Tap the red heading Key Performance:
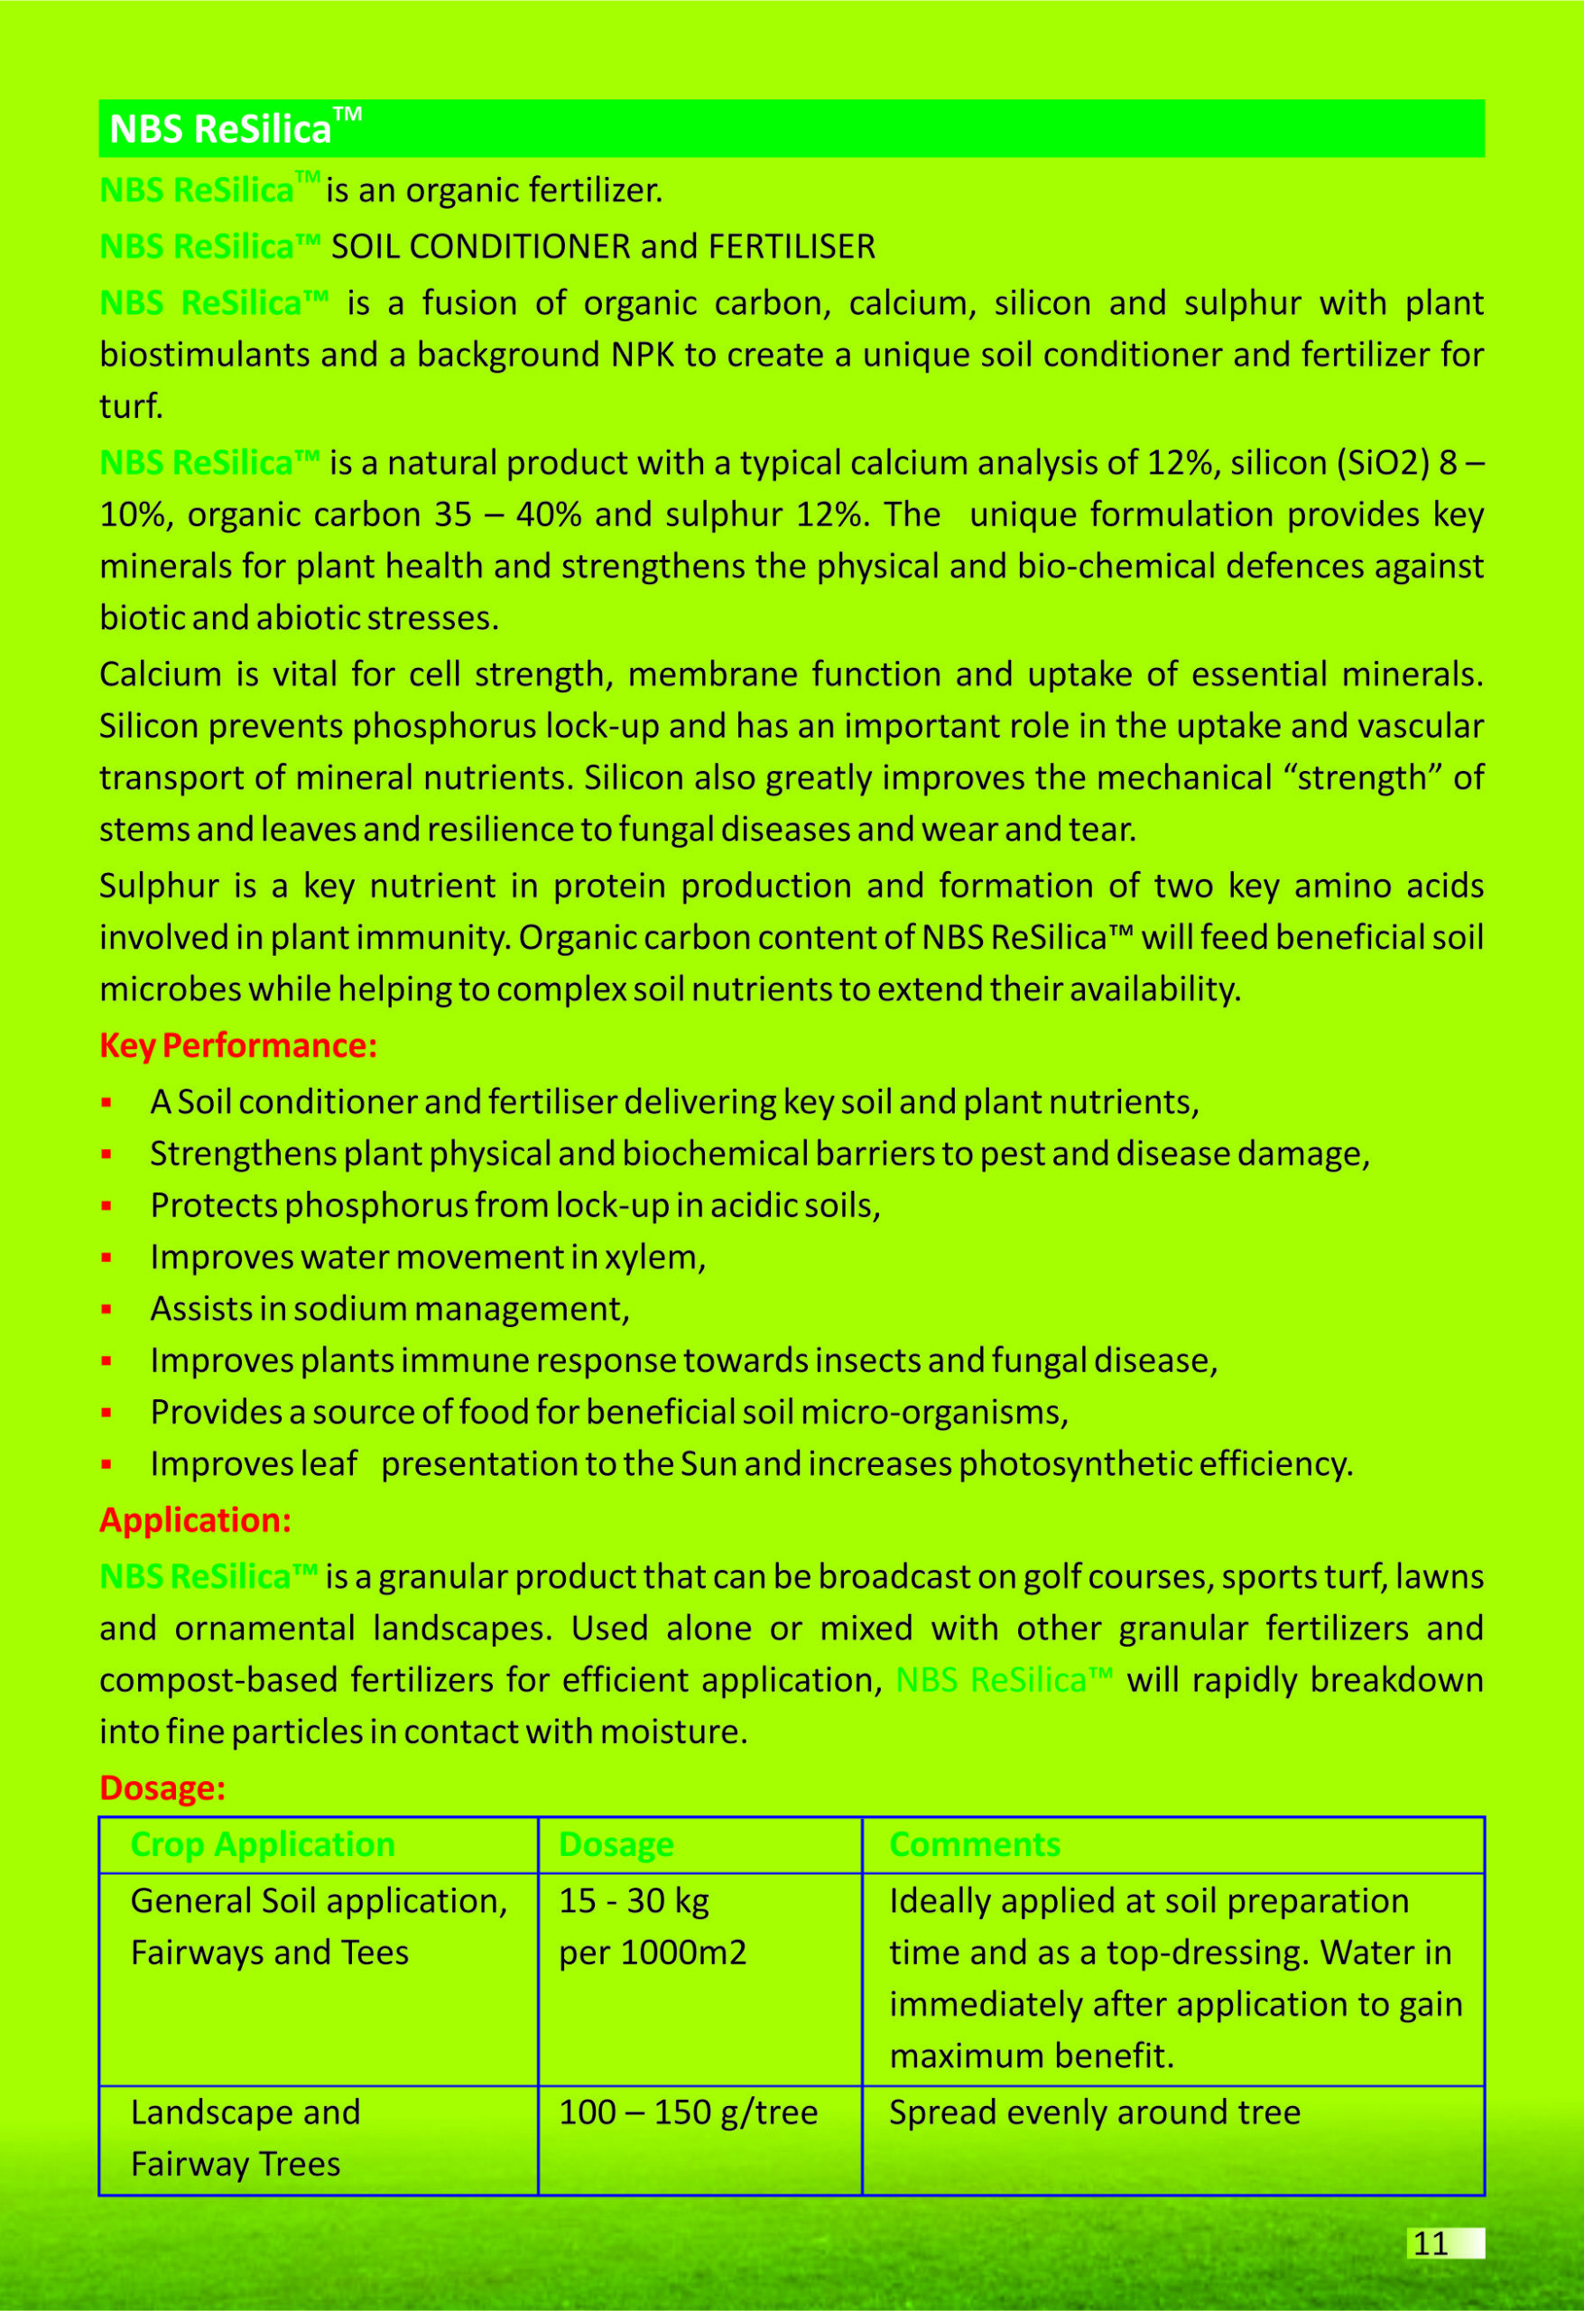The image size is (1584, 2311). coord(237,1045)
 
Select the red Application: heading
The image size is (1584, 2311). coord(195,1520)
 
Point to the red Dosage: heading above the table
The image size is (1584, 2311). coord(162,1788)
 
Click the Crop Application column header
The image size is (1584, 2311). coord(263,1844)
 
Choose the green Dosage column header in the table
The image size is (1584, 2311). coord(616,1844)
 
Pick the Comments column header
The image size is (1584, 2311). coord(975,1844)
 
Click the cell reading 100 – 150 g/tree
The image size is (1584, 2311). coord(688,2112)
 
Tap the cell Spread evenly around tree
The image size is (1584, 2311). coord(1094,2112)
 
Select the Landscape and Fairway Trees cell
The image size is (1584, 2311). coord(245,2138)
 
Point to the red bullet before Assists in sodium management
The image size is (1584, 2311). coord(107,1310)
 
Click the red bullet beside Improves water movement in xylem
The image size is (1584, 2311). coord(107,1258)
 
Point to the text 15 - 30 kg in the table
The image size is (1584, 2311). coord(634,1901)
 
